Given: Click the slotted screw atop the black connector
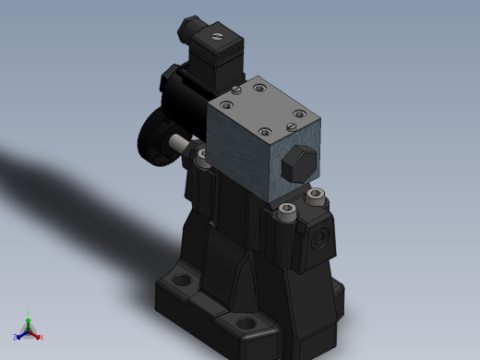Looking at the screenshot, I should coord(218,38).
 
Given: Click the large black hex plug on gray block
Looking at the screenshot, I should coord(297,165).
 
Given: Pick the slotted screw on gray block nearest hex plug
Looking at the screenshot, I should coord(297,115).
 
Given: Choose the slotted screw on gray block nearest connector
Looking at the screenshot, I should coord(237,90).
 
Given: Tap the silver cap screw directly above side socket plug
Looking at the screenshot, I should coord(317,196).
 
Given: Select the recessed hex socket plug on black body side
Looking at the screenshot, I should coord(321,238).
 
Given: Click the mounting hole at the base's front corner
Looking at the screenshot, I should coord(245,323).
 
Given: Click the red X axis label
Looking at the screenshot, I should coord(42,337).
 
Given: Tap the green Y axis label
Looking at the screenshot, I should coord(29,314).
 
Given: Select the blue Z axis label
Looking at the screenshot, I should coord(16,338).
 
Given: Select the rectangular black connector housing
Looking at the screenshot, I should coord(214,57).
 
